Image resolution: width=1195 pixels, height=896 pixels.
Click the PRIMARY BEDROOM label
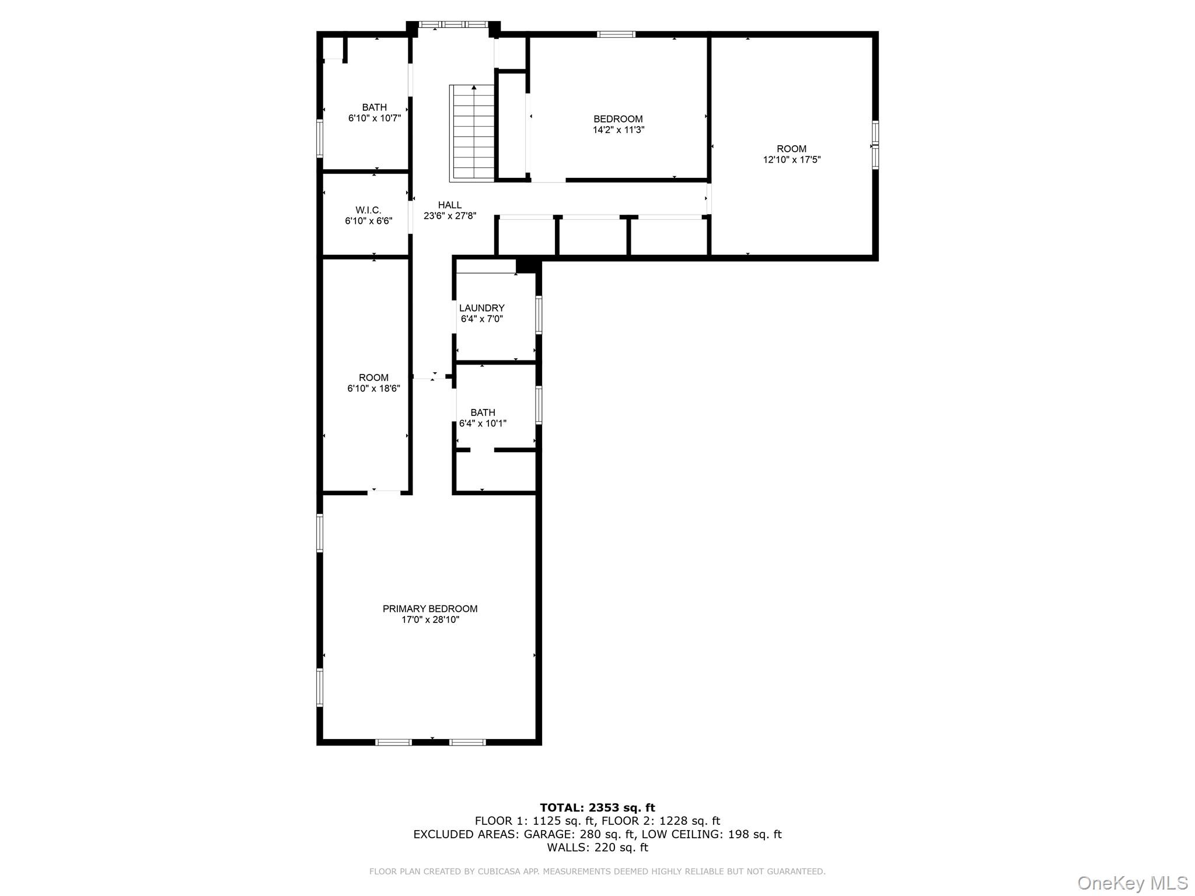click(x=430, y=608)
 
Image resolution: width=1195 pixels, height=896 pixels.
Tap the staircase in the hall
click(x=473, y=132)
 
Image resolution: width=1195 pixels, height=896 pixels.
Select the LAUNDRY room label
click(x=481, y=308)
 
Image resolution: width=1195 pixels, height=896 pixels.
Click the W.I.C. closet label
click(x=368, y=210)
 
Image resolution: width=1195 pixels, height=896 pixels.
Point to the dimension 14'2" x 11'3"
click(x=618, y=130)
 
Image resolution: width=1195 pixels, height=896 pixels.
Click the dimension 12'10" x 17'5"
click(x=792, y=160)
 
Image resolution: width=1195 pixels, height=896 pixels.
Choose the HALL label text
click(x=450, y=205)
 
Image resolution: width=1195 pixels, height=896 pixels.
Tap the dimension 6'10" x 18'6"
click(x=373, y=388)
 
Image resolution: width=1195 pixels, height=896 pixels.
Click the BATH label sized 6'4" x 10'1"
click(x=483, y=412)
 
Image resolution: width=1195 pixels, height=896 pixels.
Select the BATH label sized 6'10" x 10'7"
click(x=374, y=107)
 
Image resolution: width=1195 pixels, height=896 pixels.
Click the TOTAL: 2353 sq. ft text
click(x=597, y=807)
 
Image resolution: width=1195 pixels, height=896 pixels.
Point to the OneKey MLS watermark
click(x=1132, y=883)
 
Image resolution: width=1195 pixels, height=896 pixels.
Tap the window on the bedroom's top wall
click(x=616, y=34)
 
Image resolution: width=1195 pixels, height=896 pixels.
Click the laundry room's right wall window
click(x=539, y=315)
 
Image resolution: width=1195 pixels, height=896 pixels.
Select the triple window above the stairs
click(x=453, y=24)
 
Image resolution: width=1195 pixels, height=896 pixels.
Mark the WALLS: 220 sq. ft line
click(x=597, y=848)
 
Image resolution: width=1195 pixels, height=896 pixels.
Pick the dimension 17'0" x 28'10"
click(x=430, y=620)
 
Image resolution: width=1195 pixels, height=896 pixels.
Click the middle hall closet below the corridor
click(x=593, y=236)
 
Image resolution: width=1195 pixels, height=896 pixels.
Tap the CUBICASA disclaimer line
click(x=597, y=871)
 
